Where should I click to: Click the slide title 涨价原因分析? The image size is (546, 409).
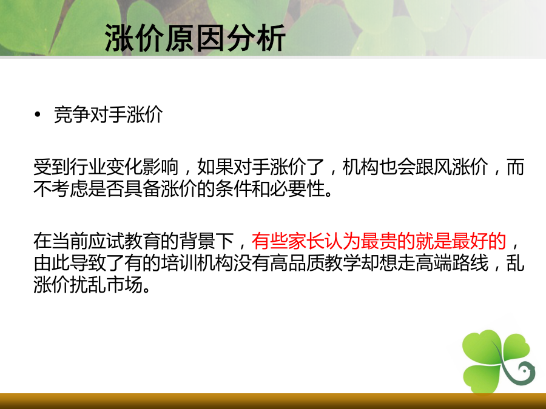pyautogui.click(x=195, y=38)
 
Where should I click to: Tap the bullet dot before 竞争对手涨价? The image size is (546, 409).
pyautogui.click(x=38, y=114)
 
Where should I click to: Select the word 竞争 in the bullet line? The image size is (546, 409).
pyautogui.click(x=72, y=115)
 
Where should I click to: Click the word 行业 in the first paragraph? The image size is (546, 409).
pyautogui.click(x=88, y=167)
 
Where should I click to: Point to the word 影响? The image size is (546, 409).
pyautogui.click(x=161, y=167)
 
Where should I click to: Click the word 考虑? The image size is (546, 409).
pyautogui.click(x=70, y=189)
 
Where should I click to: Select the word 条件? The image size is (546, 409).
pyautogui.click(x=234, y=189)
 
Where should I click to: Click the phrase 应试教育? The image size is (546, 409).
pyautogui.click(x=124, y=241)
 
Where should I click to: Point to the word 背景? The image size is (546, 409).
pyautogui.click(x=197, y=241)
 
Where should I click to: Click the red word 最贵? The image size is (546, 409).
pyautogui.click(x=379, y=241)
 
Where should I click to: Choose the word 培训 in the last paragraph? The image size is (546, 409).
pyautogui.click(x=179, y=263)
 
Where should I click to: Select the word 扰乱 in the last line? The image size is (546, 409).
pyautogui.click(x=88, y=285)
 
